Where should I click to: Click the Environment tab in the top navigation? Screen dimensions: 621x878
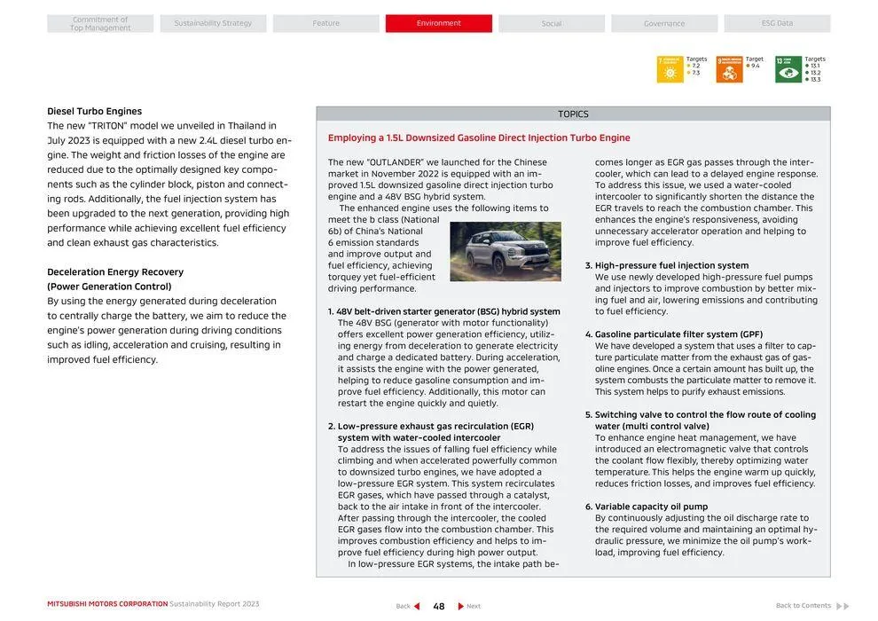click(438, 23)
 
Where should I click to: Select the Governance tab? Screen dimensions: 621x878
click(664, 23)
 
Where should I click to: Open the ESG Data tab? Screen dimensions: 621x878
click(777, 23)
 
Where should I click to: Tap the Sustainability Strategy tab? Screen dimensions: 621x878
click(213, 23)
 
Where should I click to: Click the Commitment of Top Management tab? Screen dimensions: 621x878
click(100, 23)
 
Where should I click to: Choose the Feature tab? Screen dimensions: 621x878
click(325, 23)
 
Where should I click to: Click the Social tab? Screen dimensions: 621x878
click(552, 23)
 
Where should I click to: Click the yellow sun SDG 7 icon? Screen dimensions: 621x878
click(670, 69)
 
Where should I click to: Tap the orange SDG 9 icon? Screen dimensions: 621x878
click(729, 69)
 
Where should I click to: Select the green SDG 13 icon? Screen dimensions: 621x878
click(788, 69)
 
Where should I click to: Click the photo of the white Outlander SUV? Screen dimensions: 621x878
click(506, 251)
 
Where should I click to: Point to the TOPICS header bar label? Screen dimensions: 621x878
click(573, 114)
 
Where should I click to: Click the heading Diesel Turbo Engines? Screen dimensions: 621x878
click(94, 112)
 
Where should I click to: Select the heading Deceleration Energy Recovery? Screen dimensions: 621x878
click(115, 272)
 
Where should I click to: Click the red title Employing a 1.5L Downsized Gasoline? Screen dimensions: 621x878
click(479, 138)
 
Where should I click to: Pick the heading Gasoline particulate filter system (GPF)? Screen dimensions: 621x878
click(678, 334)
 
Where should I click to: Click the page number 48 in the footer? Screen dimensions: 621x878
click(438, 606)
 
